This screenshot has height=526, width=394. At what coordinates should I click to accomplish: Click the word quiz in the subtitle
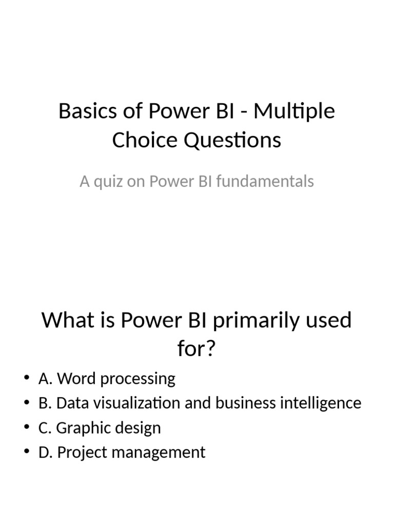113,181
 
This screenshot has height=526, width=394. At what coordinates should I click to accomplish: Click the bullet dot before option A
27,379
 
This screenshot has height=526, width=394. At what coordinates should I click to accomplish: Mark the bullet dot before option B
27,403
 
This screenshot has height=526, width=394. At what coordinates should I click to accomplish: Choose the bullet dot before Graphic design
27,428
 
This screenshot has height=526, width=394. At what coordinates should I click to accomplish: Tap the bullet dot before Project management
27,453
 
